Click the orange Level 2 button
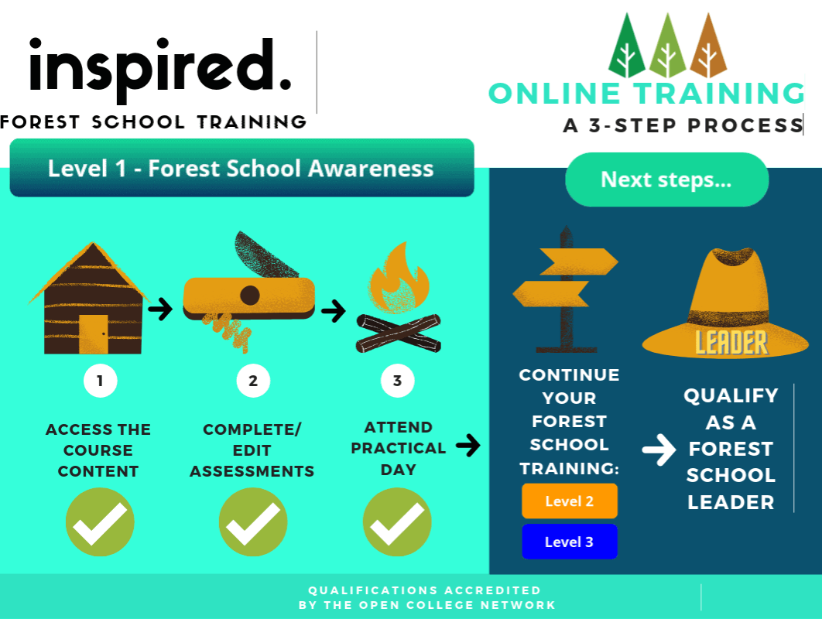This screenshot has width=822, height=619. tap(570, 501)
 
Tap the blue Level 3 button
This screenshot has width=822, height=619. tap(570, 542)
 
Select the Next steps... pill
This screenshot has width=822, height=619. tap(667, 180)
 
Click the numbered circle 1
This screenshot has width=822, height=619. tap(100, 381)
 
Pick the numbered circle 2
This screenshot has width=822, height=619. tap(253, 381)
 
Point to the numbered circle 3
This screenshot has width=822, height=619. tap(397, 381)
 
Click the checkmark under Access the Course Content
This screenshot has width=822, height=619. tap(100, 522)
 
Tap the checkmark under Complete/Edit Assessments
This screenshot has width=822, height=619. tap(253, 522)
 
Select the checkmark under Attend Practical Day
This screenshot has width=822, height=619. tap(397, 522)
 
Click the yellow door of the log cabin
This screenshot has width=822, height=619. tap(94, 333)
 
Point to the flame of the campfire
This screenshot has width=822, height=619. tap(399, 279)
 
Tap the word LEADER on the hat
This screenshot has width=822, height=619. tap(731, 343)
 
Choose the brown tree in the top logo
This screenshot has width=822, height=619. tap(708, 47)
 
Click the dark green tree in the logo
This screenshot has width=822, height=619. tap(626, 47)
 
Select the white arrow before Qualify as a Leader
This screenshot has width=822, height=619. tap(659, 450)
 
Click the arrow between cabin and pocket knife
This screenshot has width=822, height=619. tap(160, 309)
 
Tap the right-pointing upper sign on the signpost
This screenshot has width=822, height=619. tap(579, 262)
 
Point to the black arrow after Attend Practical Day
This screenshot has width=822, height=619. tap(468, 446)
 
